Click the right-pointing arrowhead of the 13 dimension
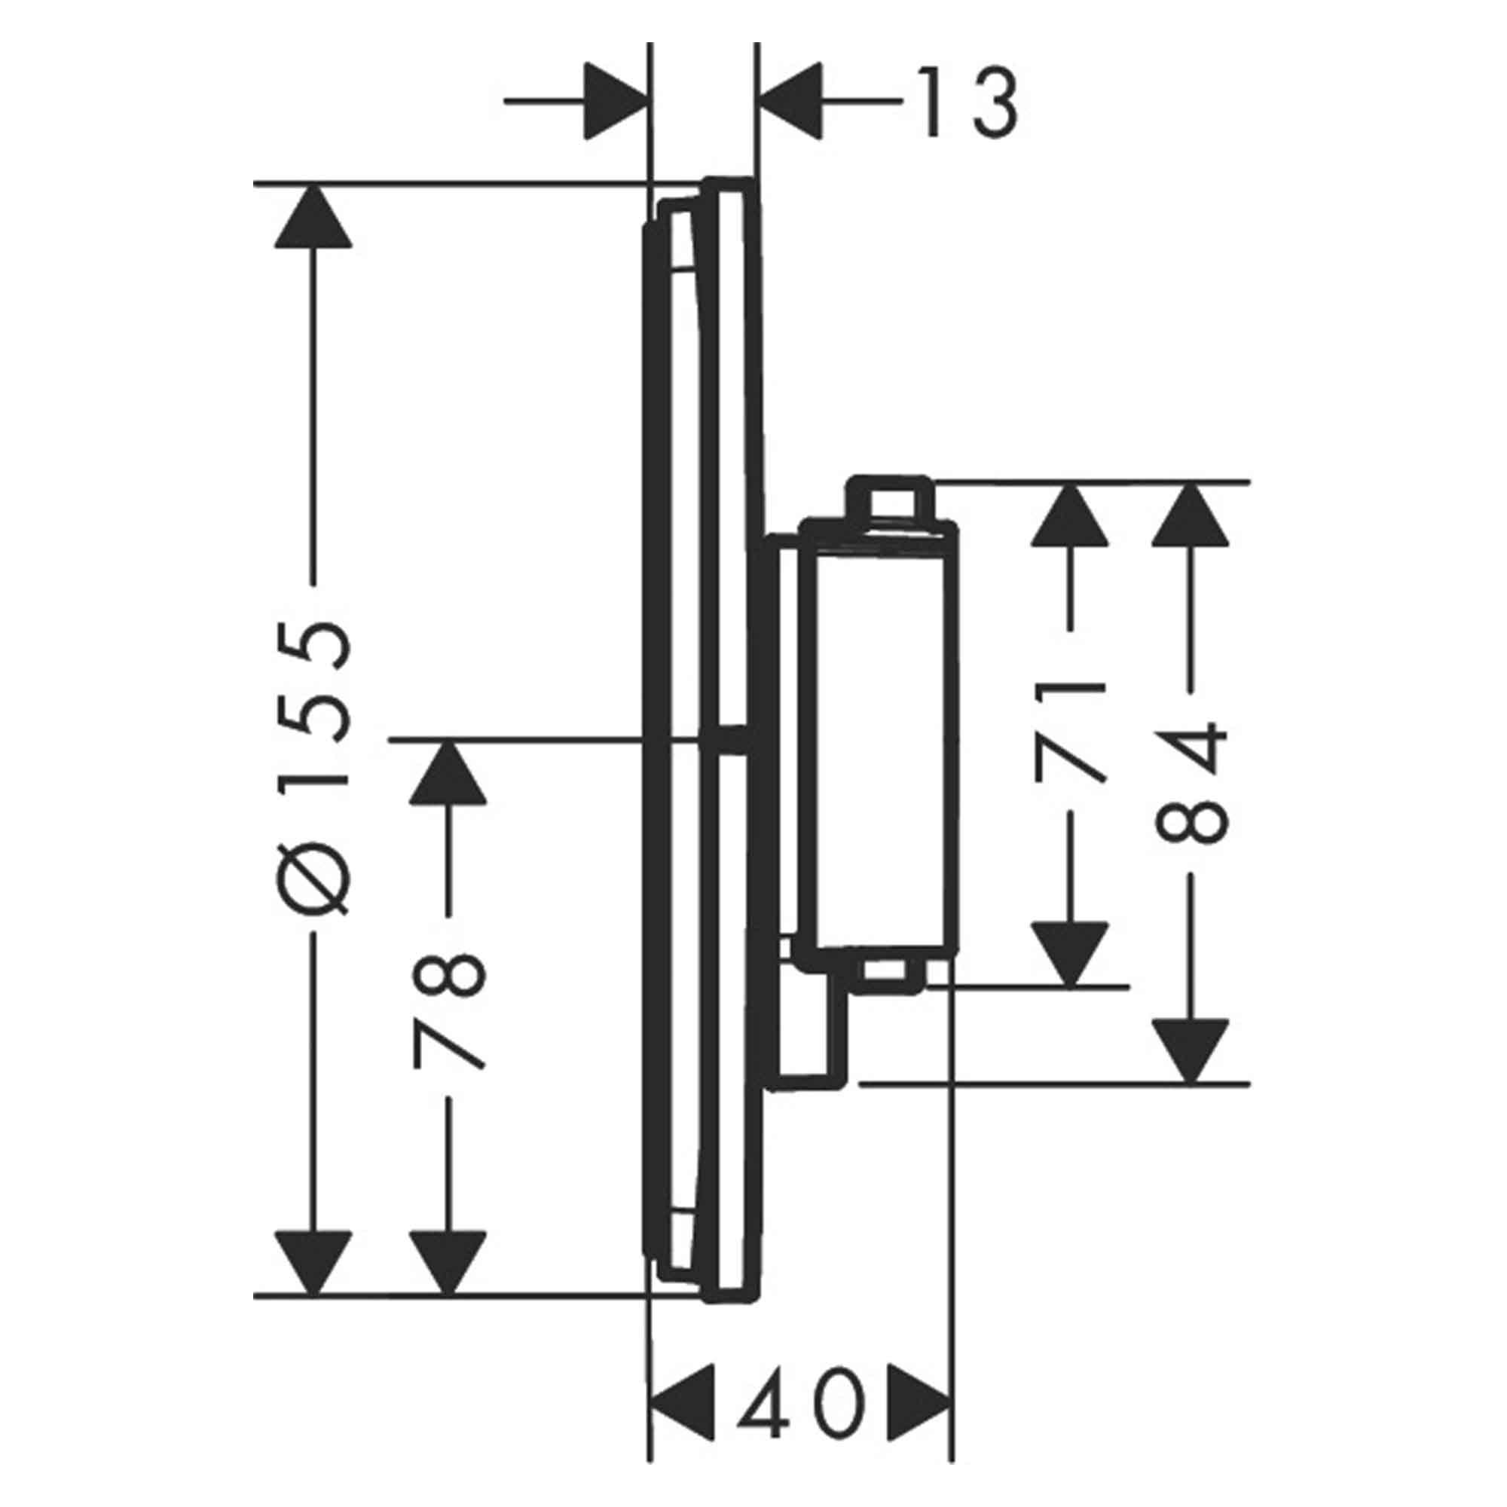[616, 102]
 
